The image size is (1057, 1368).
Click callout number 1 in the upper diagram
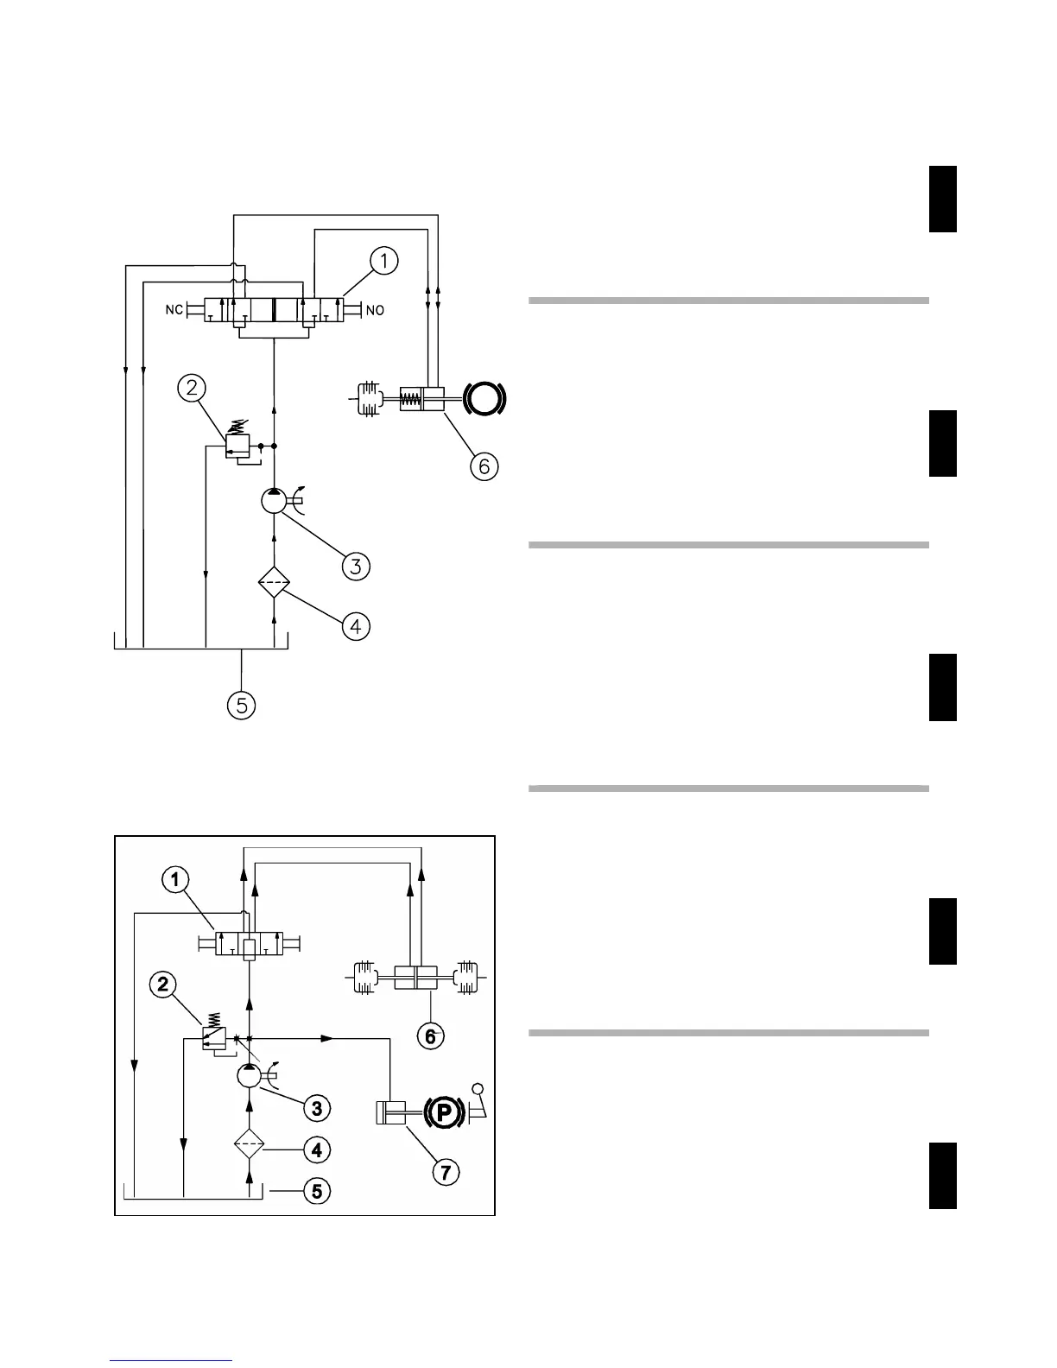pos(384,260)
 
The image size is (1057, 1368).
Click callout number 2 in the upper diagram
pos(191,389)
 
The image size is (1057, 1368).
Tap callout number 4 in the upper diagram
pos(357,626)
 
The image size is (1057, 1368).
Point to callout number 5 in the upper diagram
pos(241,706)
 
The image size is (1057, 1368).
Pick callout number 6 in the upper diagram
pos(484,466)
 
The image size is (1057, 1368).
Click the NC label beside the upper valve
pos(174,310)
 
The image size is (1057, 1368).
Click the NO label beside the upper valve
pos(375,310)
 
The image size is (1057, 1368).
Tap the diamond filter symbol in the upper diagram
pos(275,584)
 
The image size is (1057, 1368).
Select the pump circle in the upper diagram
pos(274,501)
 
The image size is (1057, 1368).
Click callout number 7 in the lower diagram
pos(446,1172)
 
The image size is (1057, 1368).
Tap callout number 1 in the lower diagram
pos(175,880)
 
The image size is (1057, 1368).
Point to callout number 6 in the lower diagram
pos(430,1036)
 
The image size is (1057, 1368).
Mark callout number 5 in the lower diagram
pos(317,1192)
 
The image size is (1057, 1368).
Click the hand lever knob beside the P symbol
pos(478,1090)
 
